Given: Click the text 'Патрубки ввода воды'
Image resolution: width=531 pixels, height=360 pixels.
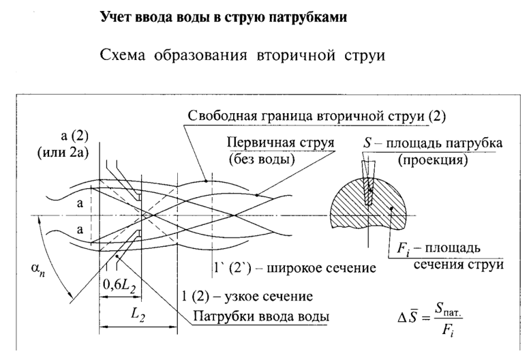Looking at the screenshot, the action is (x=262, y=317).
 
